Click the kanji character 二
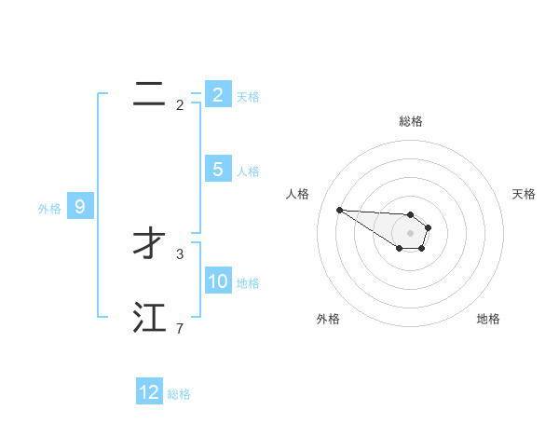pos(149,94)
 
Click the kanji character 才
pos(149,244)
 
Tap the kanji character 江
pos(149,318)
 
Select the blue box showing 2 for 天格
pos(218,95)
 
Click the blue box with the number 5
pos(218,170)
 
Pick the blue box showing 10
pos(218,281)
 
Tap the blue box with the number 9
pos(80,207)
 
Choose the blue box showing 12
pos(149,392)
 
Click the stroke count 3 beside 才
pos(180,253)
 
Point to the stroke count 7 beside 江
pos(180,328)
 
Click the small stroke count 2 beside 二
pos(180,104)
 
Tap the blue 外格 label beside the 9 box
pos(49,209)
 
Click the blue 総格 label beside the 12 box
pos(179,394)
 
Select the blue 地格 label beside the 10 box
pos(248,283)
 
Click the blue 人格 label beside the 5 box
pos(248,171)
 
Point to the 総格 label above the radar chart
pos(411,121)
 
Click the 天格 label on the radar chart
pos(524,194)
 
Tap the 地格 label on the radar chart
pos(488,319)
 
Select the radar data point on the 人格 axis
pos(339,210)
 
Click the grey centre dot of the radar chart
pos(411,233)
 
